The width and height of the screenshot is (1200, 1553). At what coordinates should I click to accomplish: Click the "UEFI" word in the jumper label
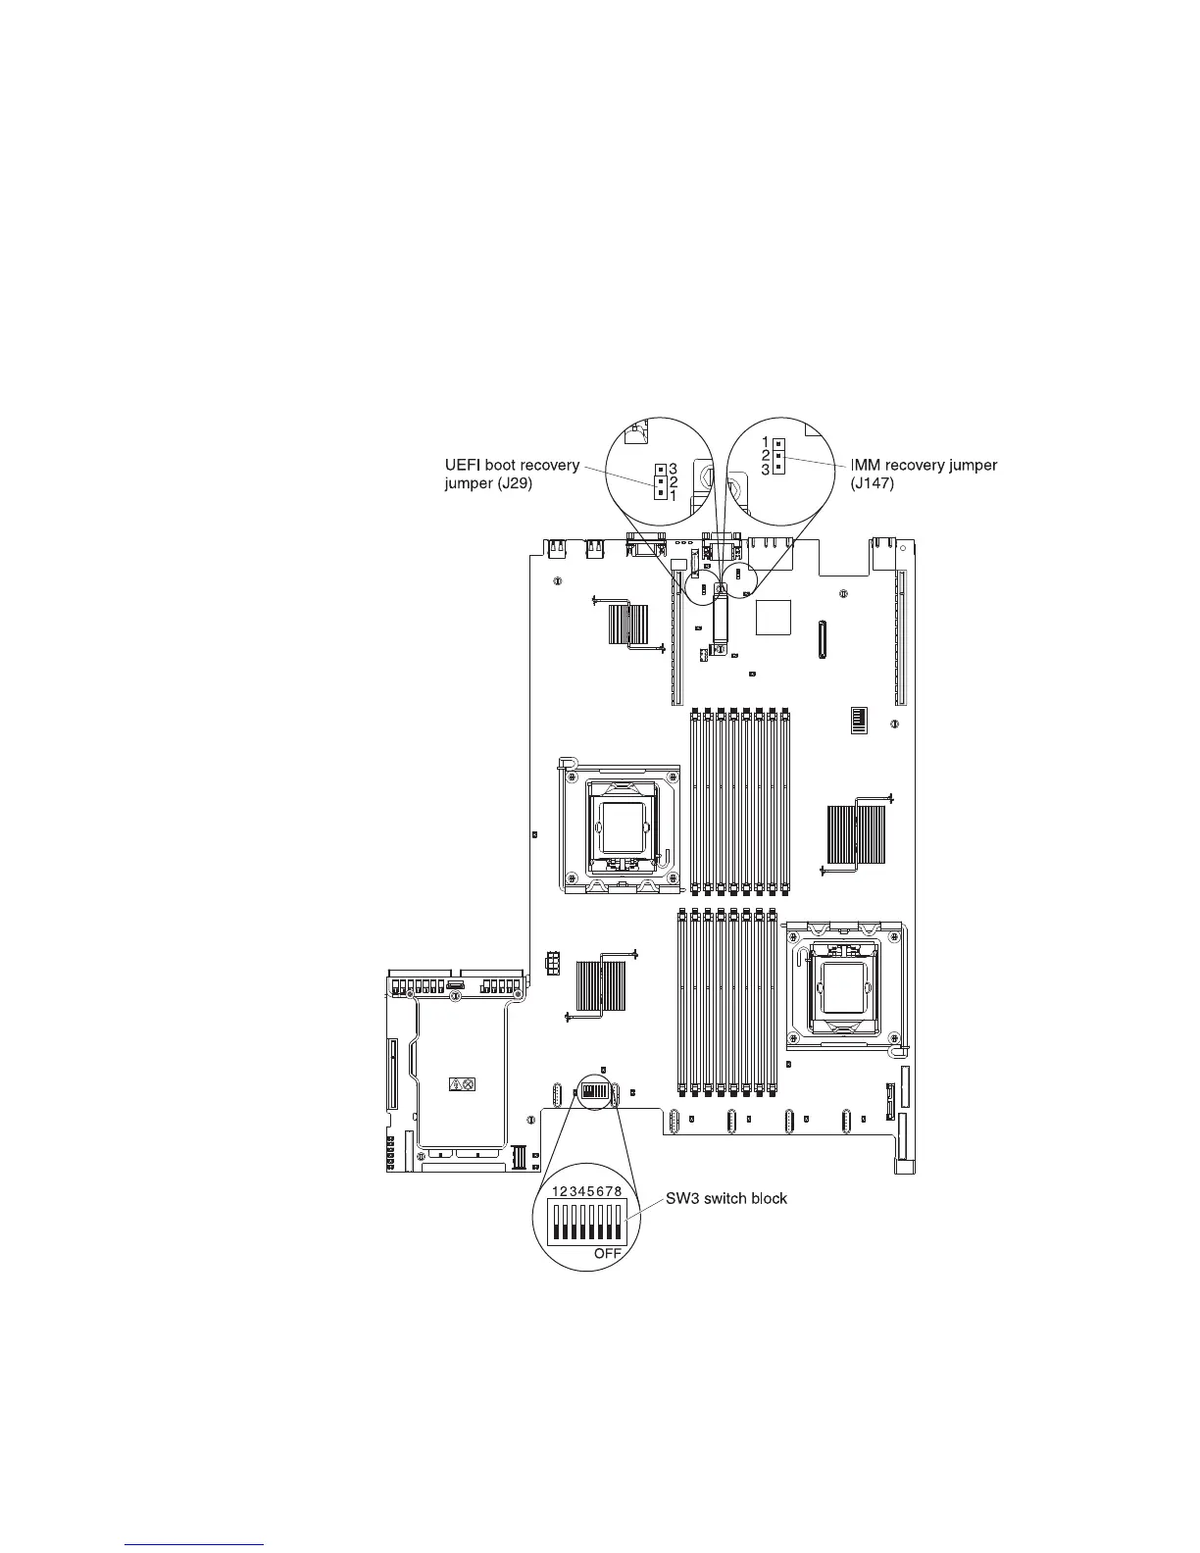click(465, 465)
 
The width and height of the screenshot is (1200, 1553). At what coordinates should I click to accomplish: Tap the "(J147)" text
click(873, 483)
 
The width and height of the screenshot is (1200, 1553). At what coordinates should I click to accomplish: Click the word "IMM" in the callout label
click(866, 465)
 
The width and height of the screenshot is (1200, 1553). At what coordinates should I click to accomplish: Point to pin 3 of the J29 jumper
click(661, 469)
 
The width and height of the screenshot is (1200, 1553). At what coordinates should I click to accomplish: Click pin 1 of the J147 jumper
click(777, 443)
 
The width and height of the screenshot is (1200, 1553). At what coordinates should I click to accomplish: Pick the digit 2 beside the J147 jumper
click(766, 455)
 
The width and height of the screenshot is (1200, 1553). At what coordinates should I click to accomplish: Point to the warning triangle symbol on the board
click(455, 1084)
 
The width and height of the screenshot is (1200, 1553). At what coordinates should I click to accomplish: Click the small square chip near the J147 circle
click(774, 616)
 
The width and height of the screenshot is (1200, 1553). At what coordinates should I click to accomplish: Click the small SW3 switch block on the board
click(594, 1090)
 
